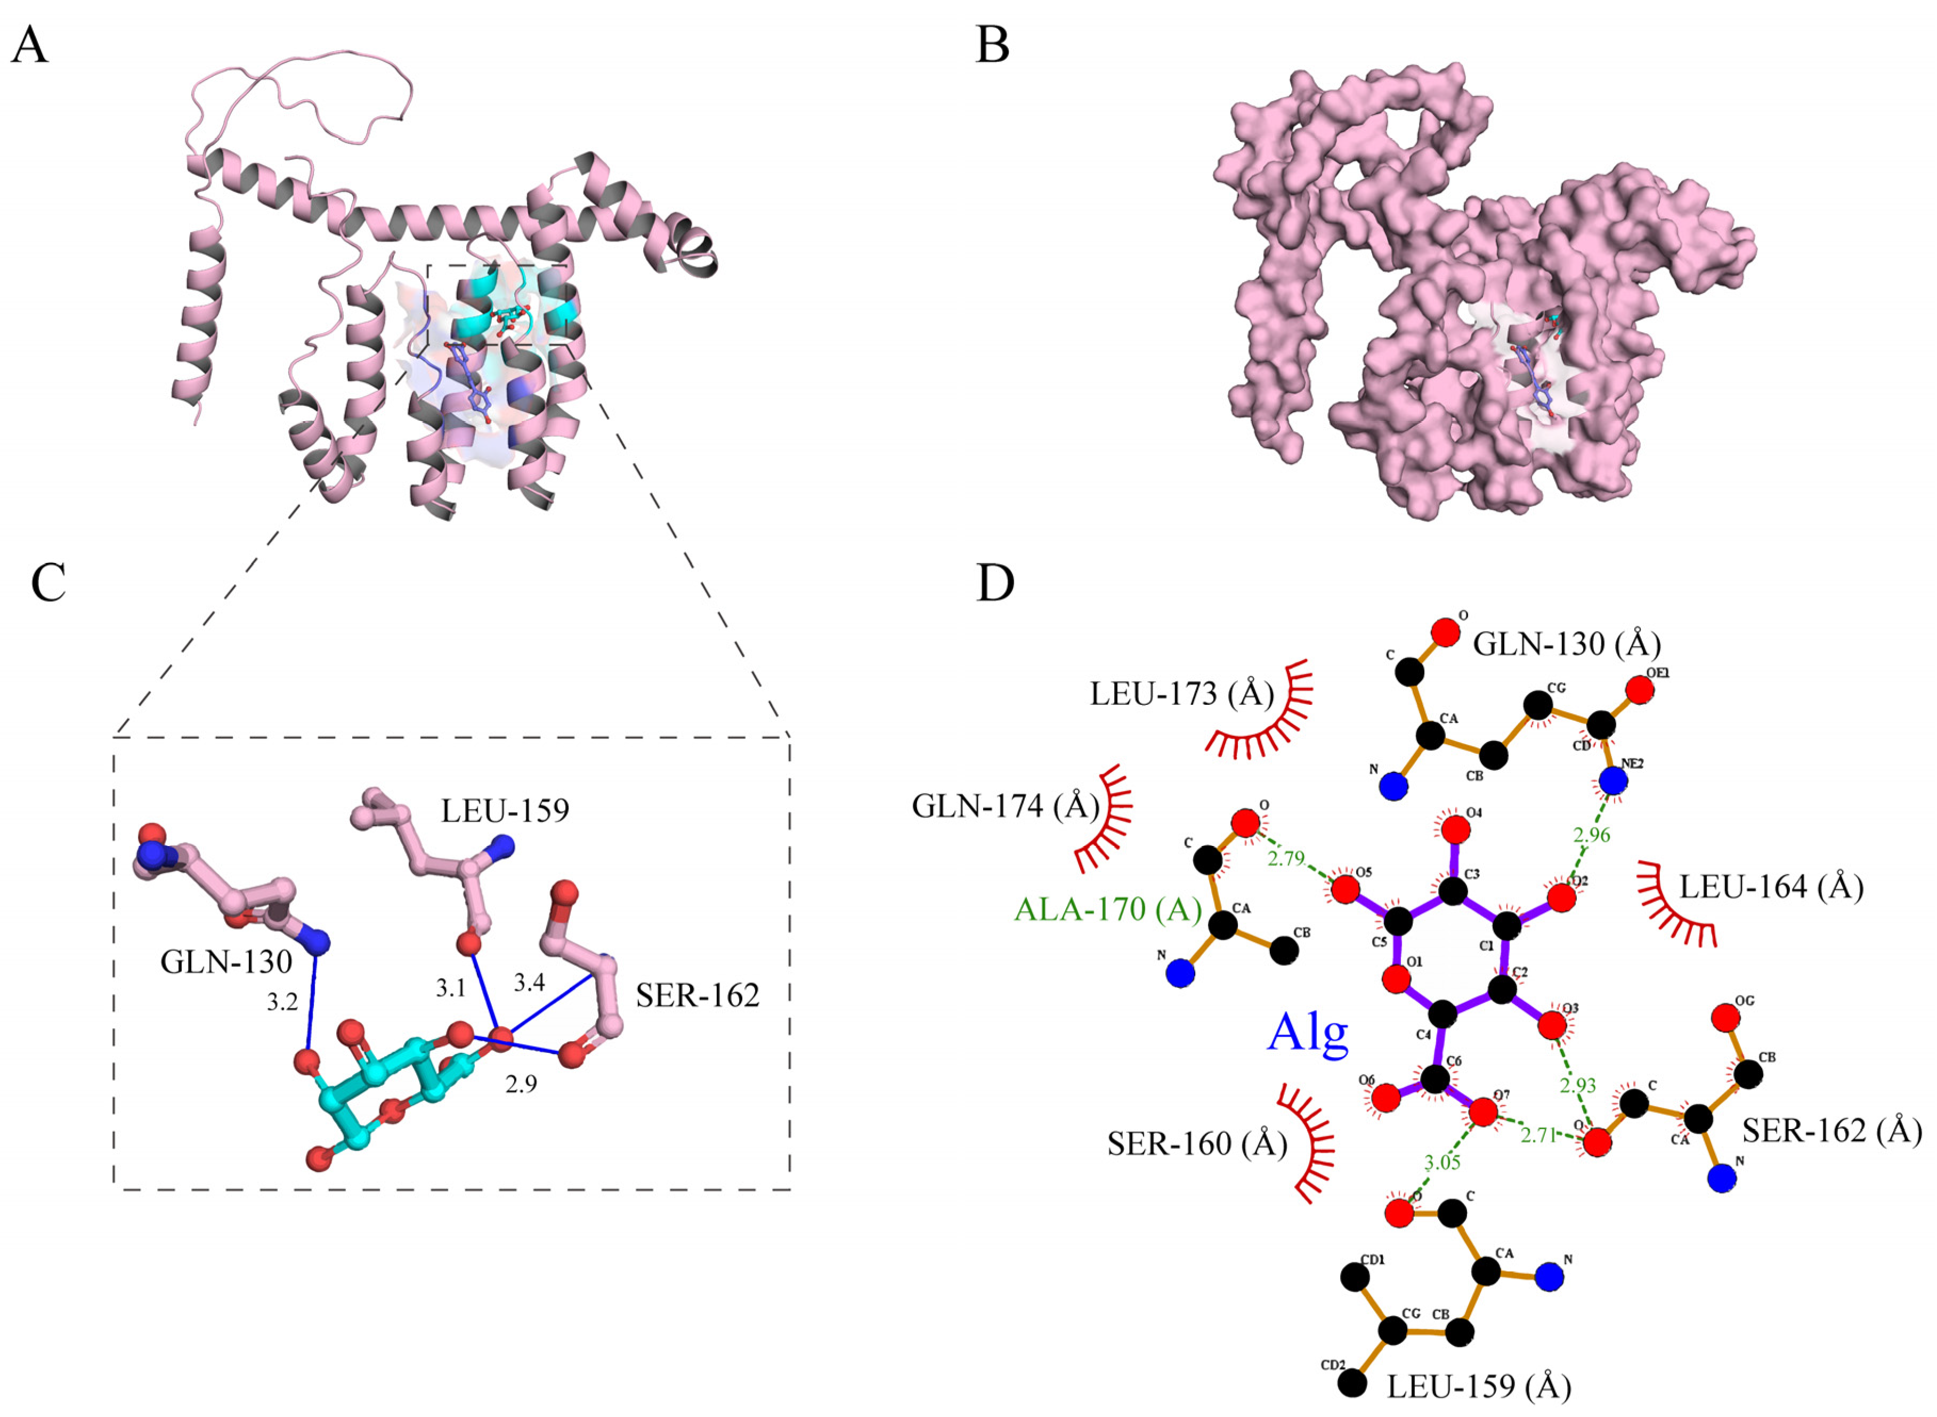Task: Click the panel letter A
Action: click(x=29, y=45)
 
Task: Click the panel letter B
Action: click(x=992, y=45)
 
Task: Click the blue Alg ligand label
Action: click(x=1308, y=1033)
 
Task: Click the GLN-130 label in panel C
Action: click(x=226, y=962)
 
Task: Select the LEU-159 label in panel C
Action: click(x=505, y=810)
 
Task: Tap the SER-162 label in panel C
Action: click(x=697, y=995)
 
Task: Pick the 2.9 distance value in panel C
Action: click(x=521, y=1084)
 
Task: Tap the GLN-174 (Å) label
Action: click(x=1006, y=806)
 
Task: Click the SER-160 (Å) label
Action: click(x=1198, y=1144)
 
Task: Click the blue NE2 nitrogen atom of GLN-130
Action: click(x=1613, y=780)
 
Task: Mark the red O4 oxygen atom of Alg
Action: click(x=1454, y=830)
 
